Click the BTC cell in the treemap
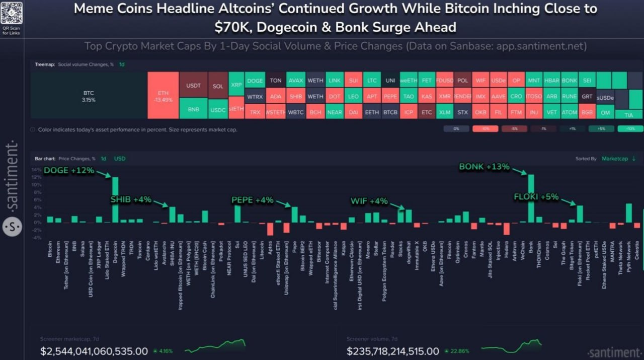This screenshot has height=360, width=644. click(x=89, y=96)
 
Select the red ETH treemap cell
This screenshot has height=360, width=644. click(x=163, y=96)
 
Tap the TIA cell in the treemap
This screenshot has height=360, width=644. click(x=628, y=114)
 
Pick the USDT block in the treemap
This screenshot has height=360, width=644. click(x=193, y=86)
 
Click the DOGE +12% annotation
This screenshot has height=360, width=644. click(x=69, y=170)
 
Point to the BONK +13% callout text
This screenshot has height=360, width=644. click(x=485, y=167)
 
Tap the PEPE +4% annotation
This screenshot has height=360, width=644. click(x=252, y=200)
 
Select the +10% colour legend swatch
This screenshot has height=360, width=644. click(x=630, y=129)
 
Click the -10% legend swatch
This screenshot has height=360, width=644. click(x=485, y=129)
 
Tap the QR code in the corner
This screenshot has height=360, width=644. click(x=11, y=12)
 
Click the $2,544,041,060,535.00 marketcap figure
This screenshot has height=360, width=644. click(x=94, y=351)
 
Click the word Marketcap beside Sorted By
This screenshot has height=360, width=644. click(x=614, y=159)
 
